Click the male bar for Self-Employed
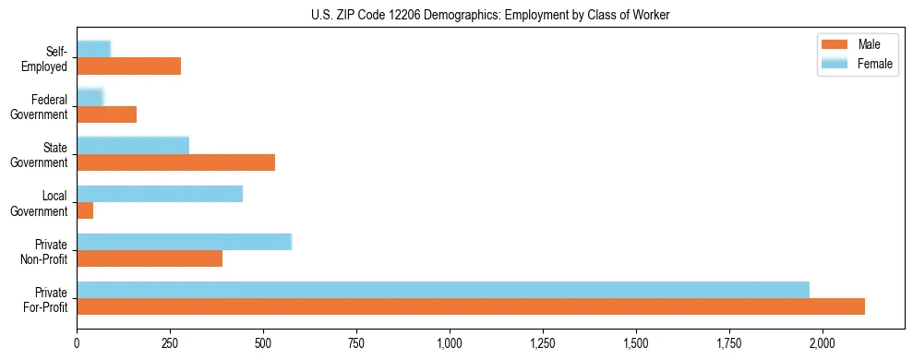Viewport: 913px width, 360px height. click(128, 66)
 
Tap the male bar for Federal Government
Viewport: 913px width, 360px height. click(106, 114)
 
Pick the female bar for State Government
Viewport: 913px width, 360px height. click(133, 145)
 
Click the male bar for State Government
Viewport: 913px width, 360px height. click(175, 162)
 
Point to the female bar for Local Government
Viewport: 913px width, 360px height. click(160, 193)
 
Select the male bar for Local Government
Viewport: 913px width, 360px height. click(85, 210)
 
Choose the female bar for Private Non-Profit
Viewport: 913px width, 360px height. click(184, 242)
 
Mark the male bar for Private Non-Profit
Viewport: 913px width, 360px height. click(150, 259)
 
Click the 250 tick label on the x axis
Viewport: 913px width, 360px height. click(170, 343)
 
